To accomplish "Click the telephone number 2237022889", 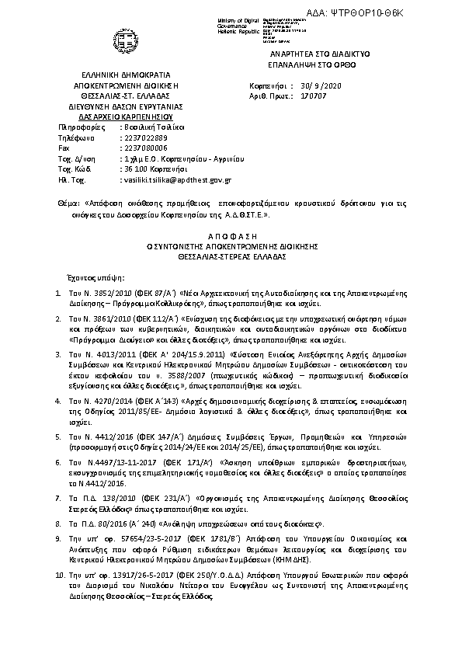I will coord(144,136).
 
